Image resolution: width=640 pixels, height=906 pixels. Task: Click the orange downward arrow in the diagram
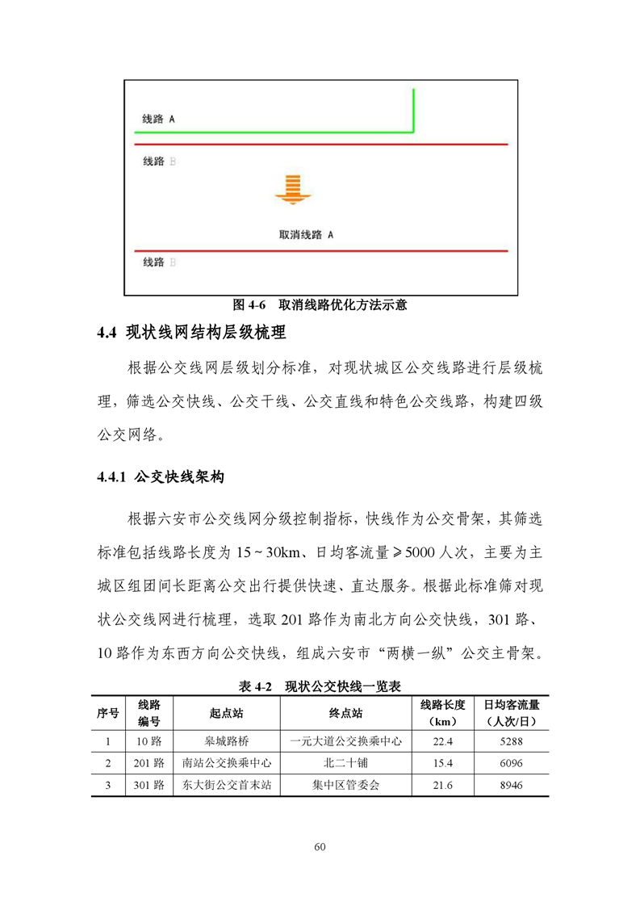(288, 190)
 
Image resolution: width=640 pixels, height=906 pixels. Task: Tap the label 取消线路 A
(306, 234)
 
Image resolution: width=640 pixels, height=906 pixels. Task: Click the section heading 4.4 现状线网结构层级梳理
(191, 332)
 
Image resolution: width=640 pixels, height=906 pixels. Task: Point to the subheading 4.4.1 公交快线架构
(160, 477)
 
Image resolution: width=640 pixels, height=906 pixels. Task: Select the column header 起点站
(226, 713)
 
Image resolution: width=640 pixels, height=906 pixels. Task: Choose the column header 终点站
(345, 713)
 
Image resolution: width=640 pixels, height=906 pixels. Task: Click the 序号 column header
(108, 713)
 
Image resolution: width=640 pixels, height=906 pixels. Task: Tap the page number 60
(320, 847)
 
